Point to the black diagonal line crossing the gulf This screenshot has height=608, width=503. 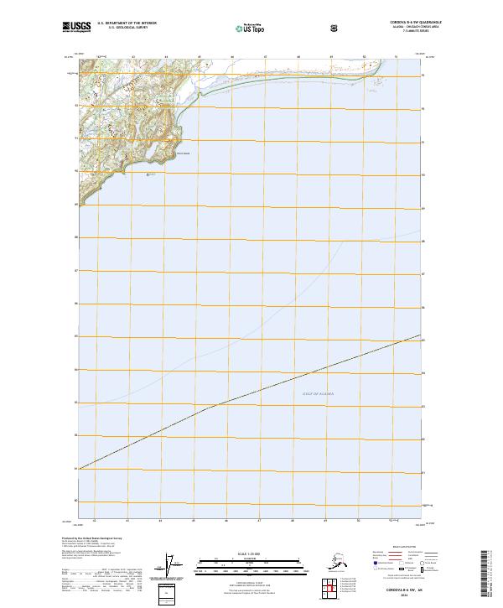251,393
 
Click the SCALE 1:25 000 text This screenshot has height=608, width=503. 251,555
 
